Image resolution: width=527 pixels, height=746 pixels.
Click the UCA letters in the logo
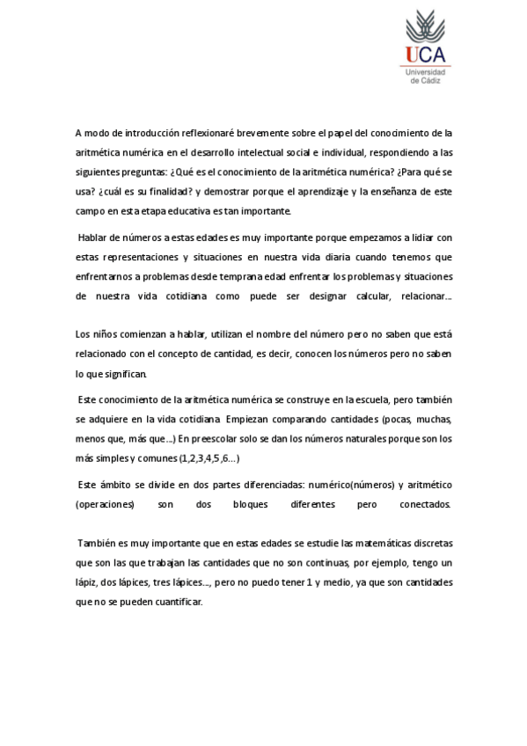point(426,55)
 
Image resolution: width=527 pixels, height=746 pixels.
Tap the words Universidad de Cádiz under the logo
point(426,76)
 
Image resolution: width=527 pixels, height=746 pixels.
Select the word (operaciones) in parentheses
point(105,505)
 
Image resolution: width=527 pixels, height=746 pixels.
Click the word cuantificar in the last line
point(177,603)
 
